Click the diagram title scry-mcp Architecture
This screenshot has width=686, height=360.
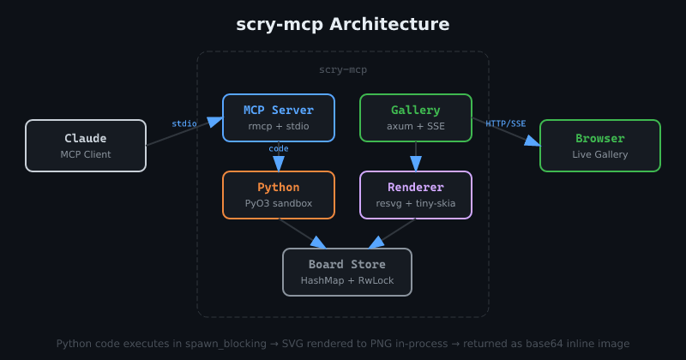(343, 24)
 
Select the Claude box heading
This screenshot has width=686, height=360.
(86, 138)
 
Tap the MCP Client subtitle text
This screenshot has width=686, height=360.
(86, 154)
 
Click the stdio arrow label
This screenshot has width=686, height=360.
(184, 123)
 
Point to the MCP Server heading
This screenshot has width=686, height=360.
(279, 111)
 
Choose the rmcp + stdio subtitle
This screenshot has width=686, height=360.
(279, 127)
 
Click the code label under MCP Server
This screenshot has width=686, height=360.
(279, 148)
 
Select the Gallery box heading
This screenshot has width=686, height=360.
(416, 111)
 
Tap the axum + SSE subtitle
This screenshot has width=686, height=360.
(416, 127)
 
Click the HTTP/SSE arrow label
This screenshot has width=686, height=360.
(506, 123)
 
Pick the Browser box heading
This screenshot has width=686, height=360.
(600, 138)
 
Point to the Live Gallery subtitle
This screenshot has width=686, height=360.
(600, 154)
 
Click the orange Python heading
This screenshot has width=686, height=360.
(279, 188)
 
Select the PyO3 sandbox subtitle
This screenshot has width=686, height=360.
(279, 204)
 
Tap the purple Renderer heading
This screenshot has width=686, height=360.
(416, 188)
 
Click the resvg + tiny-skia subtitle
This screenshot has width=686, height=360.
(416, 204)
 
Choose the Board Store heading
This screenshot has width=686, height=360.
(347, 265)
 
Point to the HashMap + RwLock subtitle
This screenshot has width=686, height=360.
(347, 281)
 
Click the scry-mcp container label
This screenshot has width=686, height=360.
(343, 69)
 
